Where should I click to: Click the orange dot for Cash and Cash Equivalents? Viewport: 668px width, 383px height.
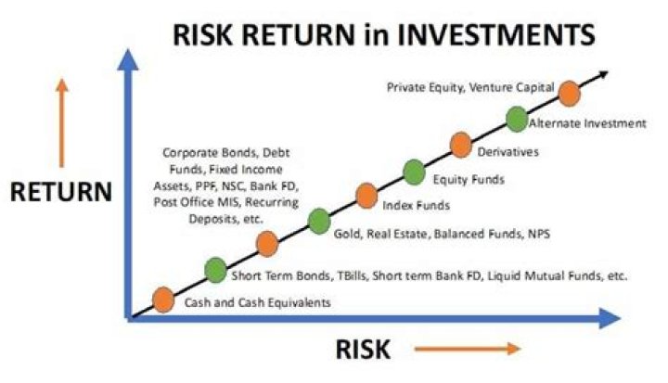163,299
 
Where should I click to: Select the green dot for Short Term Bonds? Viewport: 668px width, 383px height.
215,270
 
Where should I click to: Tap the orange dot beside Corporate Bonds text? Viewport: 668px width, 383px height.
267,244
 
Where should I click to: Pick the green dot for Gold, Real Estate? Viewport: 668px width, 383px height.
318,221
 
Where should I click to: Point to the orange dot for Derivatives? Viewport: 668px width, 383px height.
461,144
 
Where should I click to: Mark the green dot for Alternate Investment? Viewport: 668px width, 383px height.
517,118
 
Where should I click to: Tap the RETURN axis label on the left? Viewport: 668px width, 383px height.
61,192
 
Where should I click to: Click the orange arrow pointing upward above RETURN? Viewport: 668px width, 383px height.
63,121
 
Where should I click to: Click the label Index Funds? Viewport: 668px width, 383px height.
416,203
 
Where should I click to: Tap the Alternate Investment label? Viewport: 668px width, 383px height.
586,123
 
